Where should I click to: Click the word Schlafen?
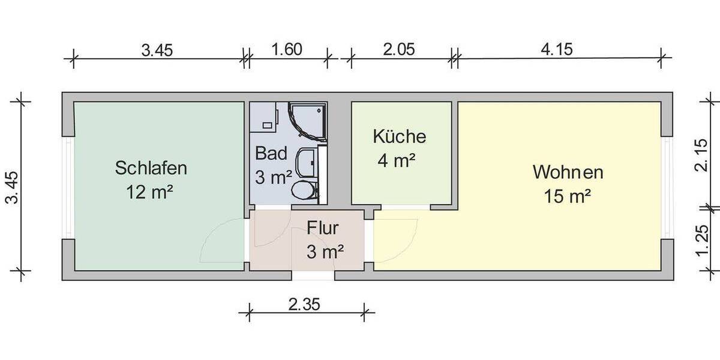click(151, 167)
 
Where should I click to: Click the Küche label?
click(399, 137)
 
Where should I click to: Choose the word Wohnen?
click(568, 173)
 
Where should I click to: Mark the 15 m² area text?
click(568, 197)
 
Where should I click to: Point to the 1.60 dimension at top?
click(286, 49)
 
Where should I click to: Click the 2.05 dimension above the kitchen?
click(399, 49)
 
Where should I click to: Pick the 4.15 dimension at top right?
click(557, 49)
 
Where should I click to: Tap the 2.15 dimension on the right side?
click(700, 155)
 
